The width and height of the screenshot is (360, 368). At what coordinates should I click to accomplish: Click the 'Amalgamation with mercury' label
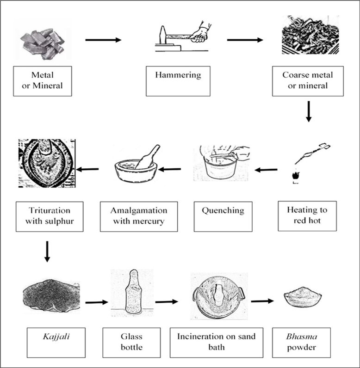[x=138, y=216]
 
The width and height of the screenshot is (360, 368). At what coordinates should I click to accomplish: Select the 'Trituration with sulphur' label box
[x=50, y=216]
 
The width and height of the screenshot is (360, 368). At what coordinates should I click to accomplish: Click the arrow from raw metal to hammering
[x=103, y=40]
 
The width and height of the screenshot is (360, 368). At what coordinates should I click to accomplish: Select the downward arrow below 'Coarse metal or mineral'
[x=309, y=112]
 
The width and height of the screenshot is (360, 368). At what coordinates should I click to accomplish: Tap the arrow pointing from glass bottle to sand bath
[x=167, y=302]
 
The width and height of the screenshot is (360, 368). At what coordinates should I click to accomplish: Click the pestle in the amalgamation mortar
[x=147, y=157]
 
